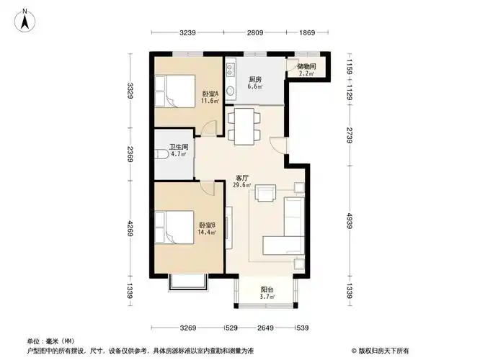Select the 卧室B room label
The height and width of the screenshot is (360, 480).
pyautogui.click(x=208, y=228)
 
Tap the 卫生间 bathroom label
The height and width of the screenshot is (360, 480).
pyautogui.click(x=179, y=150)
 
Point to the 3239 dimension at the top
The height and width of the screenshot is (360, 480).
pyautogui.click(x=188, y=32)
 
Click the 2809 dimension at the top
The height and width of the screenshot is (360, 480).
pyautogui.click(x=254, y=32)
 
